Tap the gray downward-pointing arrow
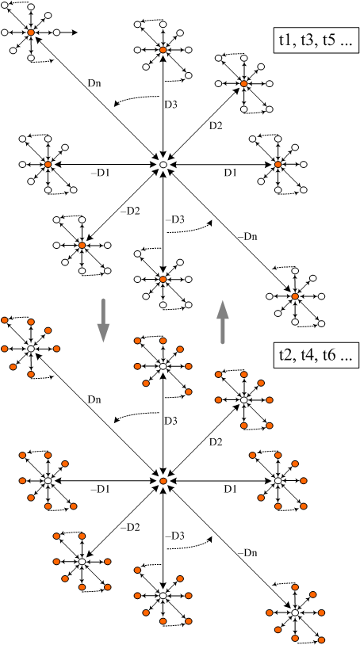click(103, 320)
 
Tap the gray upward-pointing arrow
click(223, 322)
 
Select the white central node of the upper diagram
click(163, 165)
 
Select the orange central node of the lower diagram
click(163, 481)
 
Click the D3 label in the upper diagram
click(170, 105)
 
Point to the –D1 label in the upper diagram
click(100, 174)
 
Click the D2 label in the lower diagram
click(216, 442)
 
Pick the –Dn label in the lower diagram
click(247, 553)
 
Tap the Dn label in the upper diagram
click(94, 82)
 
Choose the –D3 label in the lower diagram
click(174, 536)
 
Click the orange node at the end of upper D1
click(278, 165)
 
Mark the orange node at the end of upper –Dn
click(295, 296)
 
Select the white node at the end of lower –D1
click(48, 480)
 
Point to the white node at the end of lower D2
click(243, 400)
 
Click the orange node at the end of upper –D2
click(82, 246)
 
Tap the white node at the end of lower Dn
click(30, 349)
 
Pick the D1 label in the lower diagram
click(230, 489)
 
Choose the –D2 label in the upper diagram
click(130, 212)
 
